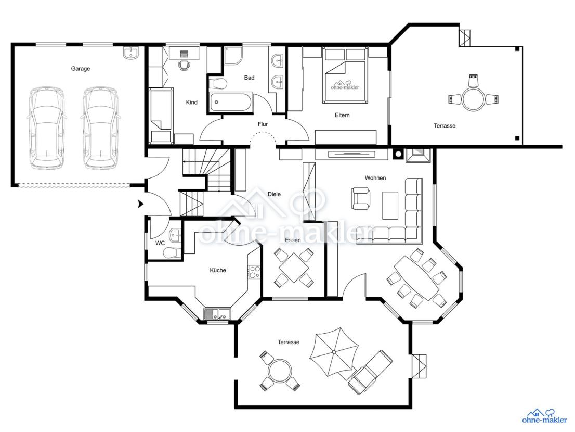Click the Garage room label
click(x=80, y=69)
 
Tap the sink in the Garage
click(x=130, y=53)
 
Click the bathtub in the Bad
click(x=231, y=103)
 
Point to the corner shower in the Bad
click(x=233, y=55)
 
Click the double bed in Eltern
click(x=345, y=75)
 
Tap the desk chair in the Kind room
click(x=185, y=66)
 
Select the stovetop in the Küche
click(x=255, y=272)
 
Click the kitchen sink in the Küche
click(x=217, y=314)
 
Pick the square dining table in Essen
click(x=294, y=268)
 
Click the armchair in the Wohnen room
click(x=361, y=198)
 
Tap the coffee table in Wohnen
click(x=390, y=205)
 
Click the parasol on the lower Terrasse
click(x=334, y=352)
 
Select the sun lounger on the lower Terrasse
click(x=370, y=372)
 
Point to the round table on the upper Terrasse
click(x=474, y=99)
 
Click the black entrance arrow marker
click(x=140, y=204)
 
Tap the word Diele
click(x=275, y=194)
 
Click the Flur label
click(x=263, y=124)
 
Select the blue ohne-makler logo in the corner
click(x=544, y=416)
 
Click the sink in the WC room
click(x=176, y=234)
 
